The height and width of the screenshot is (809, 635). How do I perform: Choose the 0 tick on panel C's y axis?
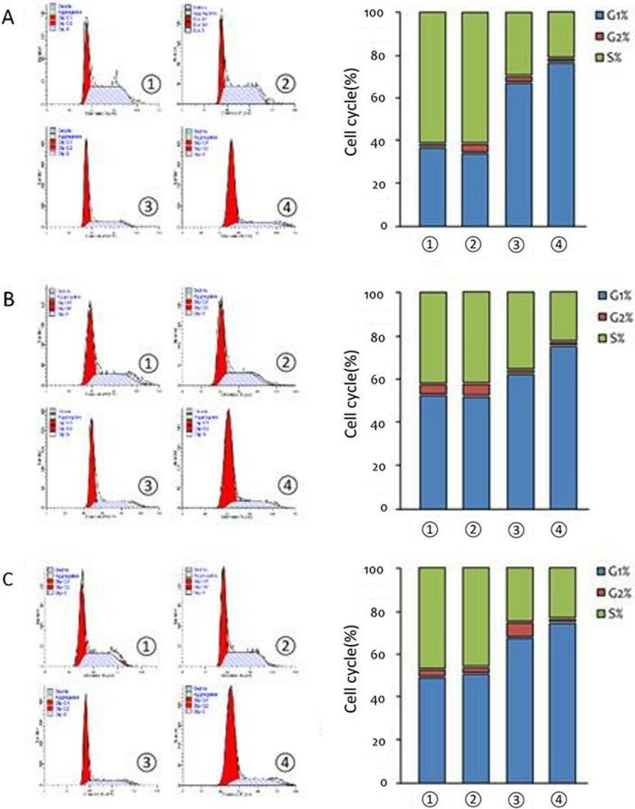[x=399, y=784]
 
